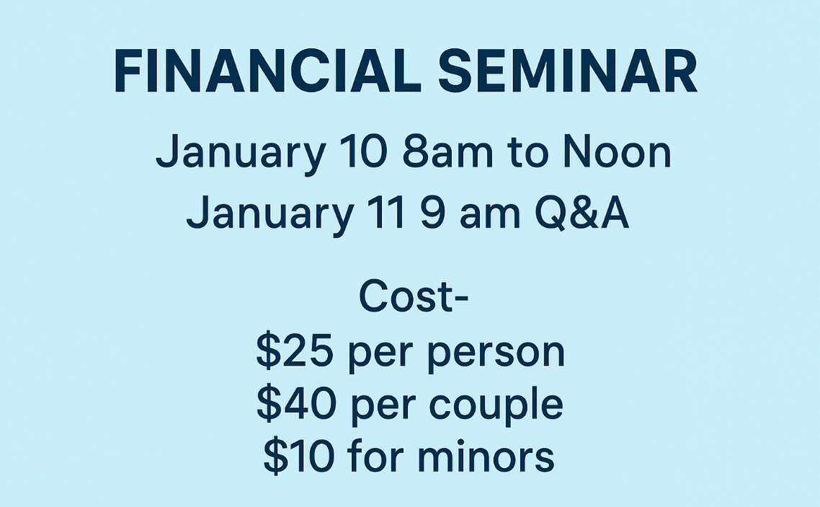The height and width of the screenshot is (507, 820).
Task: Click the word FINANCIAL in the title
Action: coord(267,71)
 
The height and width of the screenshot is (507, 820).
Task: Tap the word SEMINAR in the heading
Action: coord(567,71)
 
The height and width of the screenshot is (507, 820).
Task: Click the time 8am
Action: coord(447,151)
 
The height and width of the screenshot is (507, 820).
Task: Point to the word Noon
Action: coord(618,151)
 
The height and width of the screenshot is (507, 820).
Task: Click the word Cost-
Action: coord(413,296)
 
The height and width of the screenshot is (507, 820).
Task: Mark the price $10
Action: coord(298,456)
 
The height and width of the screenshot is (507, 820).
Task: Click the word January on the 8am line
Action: coord(241,154)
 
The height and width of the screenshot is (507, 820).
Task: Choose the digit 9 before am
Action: coord(432,213)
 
